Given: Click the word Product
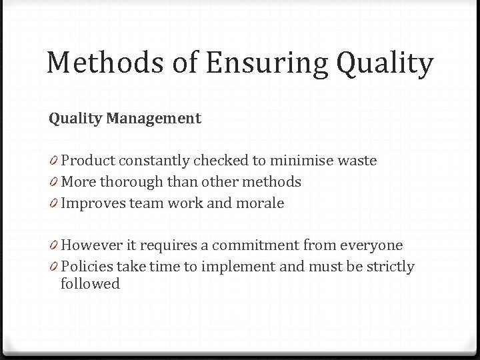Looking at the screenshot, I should coord(86,161).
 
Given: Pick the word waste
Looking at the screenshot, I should coord(357,161).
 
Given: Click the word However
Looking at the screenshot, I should coord(91,246).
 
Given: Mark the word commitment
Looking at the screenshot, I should coord(261,246).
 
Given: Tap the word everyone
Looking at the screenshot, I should coord(371,246).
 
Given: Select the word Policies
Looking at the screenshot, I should coord(87,267).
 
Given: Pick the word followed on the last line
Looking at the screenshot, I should coord(90,284).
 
